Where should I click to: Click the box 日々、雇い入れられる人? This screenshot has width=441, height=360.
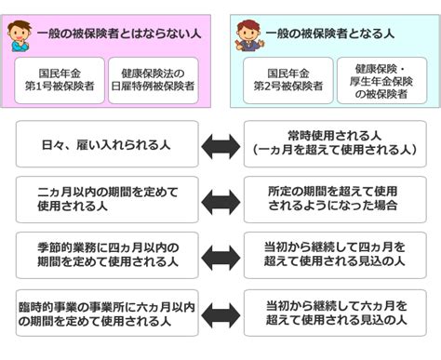106,143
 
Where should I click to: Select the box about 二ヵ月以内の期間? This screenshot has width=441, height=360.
106,199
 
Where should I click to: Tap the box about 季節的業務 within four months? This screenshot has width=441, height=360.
106,256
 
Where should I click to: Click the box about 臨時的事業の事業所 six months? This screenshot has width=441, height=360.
106,313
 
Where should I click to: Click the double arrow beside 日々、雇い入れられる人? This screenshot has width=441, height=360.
220,144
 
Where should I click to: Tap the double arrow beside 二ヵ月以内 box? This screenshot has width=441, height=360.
220,200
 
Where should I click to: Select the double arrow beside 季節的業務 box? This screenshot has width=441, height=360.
220,257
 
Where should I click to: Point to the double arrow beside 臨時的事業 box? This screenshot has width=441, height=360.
220,313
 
